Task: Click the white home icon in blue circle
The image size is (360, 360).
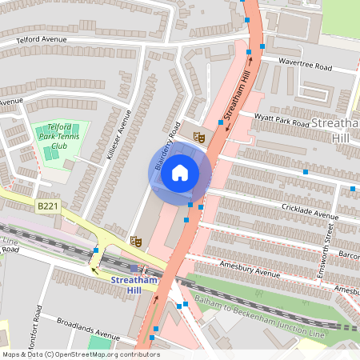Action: [x=180, y=172]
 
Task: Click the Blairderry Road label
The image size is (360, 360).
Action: [x=165, y=149]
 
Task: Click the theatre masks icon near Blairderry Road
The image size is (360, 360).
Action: [x=199, y=138]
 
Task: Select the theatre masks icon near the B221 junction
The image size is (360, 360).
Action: [x=136, y=240]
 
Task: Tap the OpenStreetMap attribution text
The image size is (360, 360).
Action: [x=80, y=354]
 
